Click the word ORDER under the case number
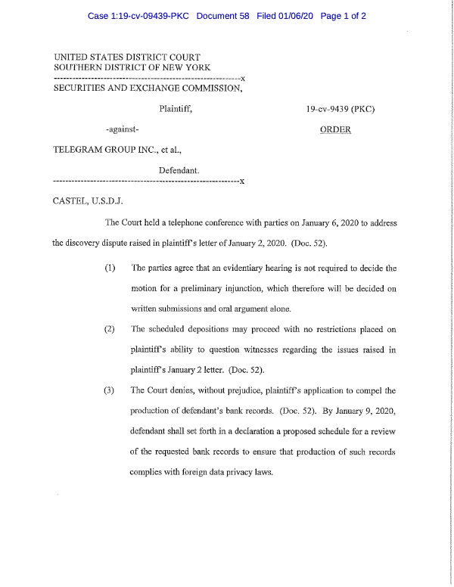point(336,129)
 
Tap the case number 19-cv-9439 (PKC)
point(340,109)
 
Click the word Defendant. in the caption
point(179,170)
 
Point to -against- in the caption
point(123,129)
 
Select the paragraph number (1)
point(111,269)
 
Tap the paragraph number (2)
point(111,329)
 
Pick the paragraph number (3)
point(111,390)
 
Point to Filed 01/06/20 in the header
point(285,16)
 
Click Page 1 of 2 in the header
point(344,16)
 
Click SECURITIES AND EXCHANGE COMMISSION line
point(148,89)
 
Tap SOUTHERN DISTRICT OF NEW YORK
point(126,68)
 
